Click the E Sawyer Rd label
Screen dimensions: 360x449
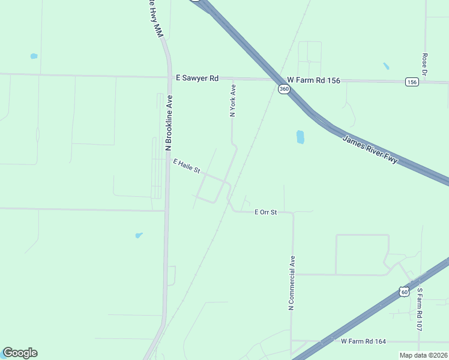pos(197,78)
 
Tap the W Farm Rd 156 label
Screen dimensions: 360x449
pos(313,80)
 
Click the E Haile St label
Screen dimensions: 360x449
pos(186,166)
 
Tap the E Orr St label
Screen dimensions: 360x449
pos(265,212)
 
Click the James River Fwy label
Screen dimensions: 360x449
pos(370,150)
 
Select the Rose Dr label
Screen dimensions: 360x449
pos(424,64)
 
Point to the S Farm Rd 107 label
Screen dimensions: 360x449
pos(420,310)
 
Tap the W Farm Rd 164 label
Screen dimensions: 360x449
pos(363,341)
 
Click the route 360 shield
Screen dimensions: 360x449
pos(284,89)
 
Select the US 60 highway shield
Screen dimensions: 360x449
pos(404,292)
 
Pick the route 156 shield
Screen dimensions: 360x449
pos(411,82)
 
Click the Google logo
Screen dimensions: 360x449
pos(20,353)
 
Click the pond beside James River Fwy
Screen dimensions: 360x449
pos(300,137)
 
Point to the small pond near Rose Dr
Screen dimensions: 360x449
pos(385,66)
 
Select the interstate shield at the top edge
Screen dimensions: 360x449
pos(195,1)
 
